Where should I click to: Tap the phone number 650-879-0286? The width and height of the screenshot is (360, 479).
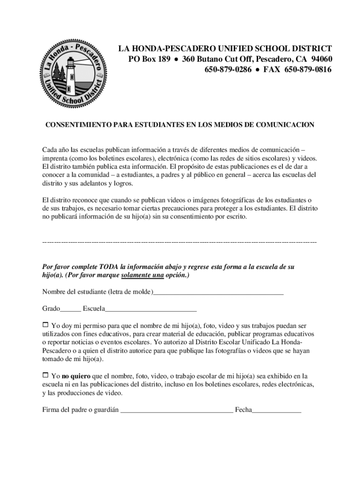point(228,70)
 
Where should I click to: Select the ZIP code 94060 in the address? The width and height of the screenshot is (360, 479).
point(321,59)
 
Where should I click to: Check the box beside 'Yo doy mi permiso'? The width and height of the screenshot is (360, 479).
point(45,324)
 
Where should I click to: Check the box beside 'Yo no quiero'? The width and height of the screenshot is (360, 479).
point(45,375)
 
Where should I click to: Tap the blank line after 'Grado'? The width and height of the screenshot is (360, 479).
point(71,310)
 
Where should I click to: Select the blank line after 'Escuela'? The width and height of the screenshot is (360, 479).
point(151,310)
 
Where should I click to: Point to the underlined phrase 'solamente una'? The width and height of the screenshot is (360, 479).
point(142,276)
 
